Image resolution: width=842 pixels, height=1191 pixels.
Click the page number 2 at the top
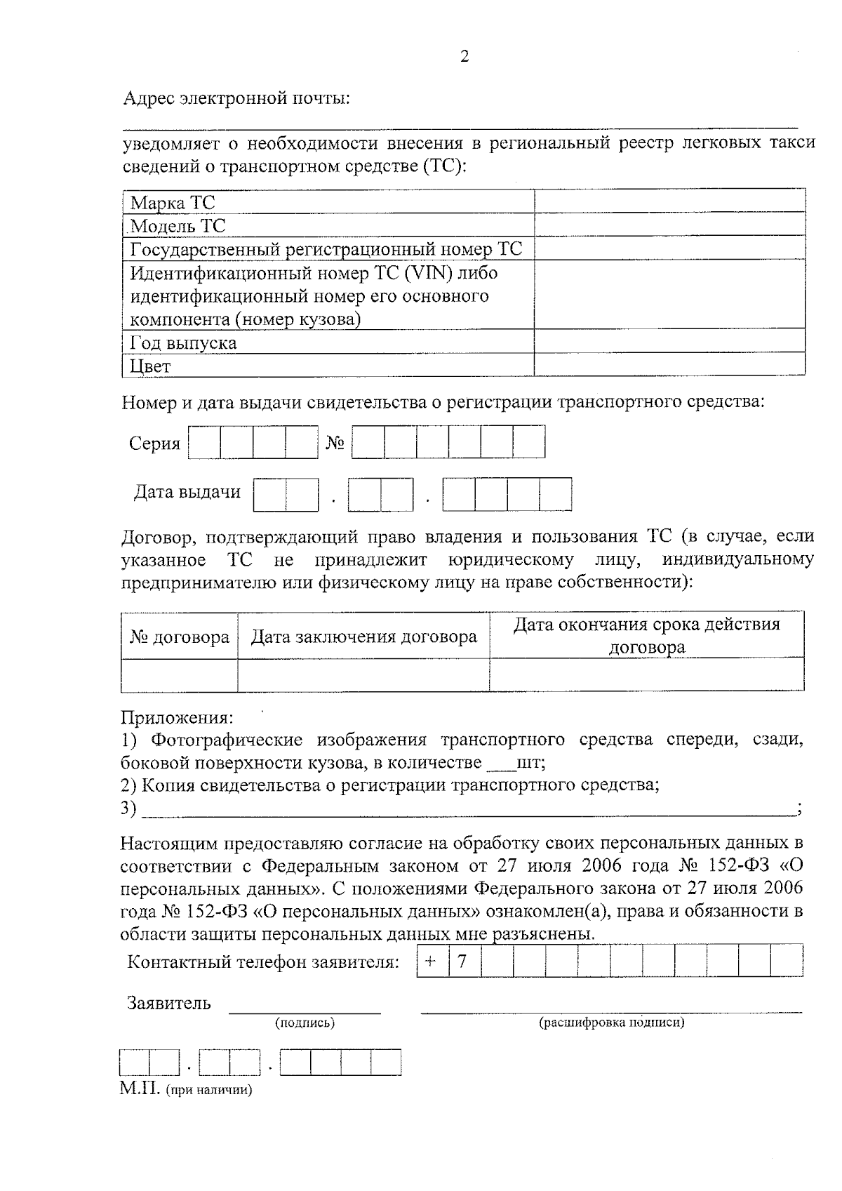coord(464,57)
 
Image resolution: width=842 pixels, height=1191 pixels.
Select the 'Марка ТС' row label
coord(173,204)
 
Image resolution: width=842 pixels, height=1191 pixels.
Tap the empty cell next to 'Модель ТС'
coord(669,225)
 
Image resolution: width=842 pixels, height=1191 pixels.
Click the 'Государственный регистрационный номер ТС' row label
coord(326,249)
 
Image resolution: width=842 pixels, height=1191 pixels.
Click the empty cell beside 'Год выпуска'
coord(669,342)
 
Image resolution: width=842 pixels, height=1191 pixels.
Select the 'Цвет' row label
coord(150,366)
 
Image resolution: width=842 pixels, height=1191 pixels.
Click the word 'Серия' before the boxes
coord(154,444)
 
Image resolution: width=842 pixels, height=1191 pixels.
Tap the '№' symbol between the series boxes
coord(335,444)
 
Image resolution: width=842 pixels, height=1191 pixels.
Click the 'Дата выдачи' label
coord(187,492)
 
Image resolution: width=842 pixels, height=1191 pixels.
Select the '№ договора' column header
coord(180,637)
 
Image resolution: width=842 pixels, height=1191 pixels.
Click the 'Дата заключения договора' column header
coord(363,637)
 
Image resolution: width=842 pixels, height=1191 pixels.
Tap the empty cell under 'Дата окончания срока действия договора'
coord(646,675)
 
